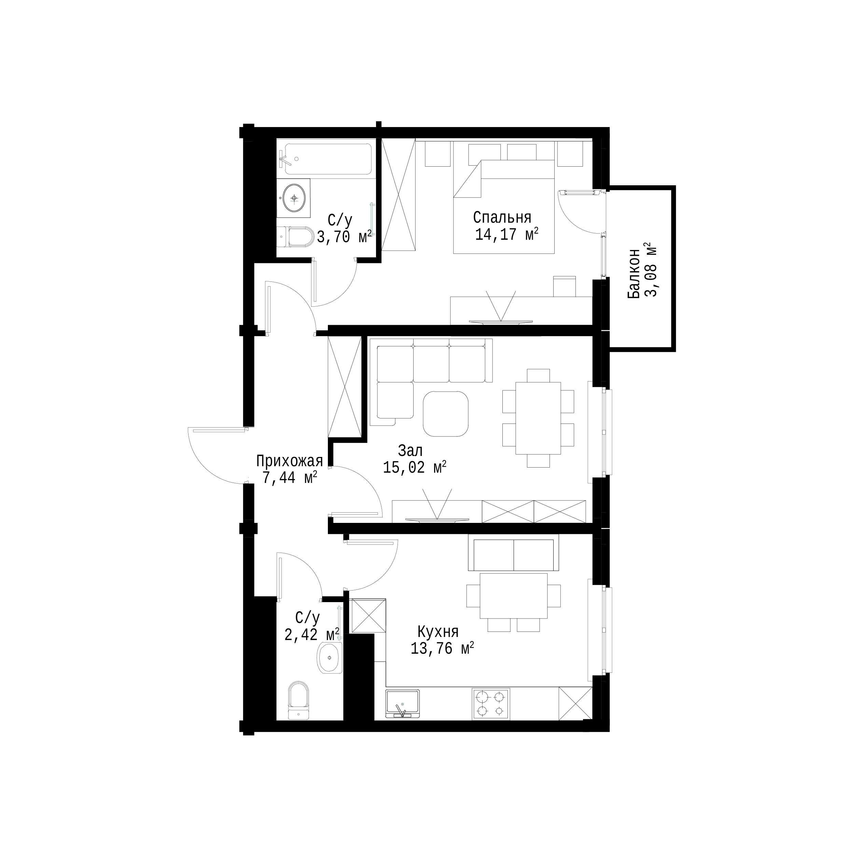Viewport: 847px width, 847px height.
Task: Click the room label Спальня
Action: coord(502,218)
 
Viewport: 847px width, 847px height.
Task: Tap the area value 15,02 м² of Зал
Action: coord(415,467)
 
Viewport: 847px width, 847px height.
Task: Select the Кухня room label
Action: coord(438,632)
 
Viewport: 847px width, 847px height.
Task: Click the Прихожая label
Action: coord(289,461)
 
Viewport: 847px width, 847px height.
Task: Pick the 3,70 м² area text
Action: coord(344,237)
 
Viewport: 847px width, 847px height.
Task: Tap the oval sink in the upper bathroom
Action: coord(293,198)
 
